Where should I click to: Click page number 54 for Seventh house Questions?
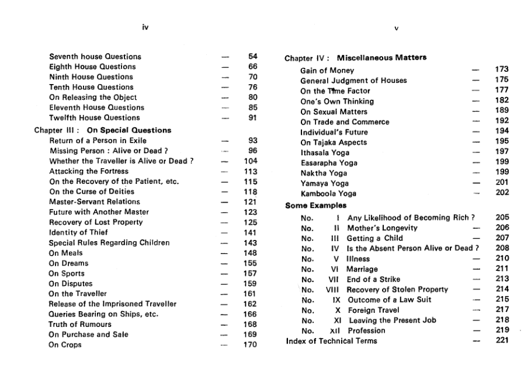(253, 57)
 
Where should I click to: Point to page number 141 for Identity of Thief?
(250, 232)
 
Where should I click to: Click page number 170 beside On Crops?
(250, 344)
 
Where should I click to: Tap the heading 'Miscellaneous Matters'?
(381, 58)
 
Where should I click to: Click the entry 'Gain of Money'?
(327, 70)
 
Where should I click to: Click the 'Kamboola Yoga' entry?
(328, 193)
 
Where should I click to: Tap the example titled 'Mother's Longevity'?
(383, 228)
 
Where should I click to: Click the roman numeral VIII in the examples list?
(332, 289)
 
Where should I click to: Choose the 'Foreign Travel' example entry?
(373, 310)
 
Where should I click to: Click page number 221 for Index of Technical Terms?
(502, 341)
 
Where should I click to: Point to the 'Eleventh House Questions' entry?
(96, 107)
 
